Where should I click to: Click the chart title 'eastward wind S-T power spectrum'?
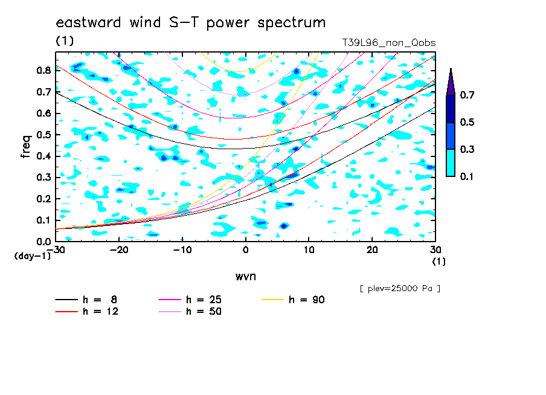click(x=190, y=23)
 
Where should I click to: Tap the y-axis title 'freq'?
click(x=26, y=147)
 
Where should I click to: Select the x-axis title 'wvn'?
click(x=245, y=277)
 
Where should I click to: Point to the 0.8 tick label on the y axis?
click(x=44, y=70)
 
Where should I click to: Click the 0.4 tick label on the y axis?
click(x=44, y=156)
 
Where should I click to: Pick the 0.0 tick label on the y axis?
click(x=44, y=242)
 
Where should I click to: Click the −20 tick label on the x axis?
click(x=119, y=250)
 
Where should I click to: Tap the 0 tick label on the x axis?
click(x=245, y=250)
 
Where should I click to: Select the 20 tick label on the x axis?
click(x=372, y=250)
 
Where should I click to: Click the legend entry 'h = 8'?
click(x=86, y=300)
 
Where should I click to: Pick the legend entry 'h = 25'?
click(x=190, y=300)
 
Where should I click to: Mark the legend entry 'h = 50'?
click(x=190, y=311)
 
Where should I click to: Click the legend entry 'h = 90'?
click(x=293, y=300)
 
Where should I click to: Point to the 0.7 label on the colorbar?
click(x=467, y=95)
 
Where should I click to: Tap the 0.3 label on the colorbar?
click(x=467, y=149)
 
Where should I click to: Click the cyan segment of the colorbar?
click(x=451, y=163)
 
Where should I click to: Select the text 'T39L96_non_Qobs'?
click(x=388, y=43)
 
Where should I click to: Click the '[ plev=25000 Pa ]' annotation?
click(x=400, y=289)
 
